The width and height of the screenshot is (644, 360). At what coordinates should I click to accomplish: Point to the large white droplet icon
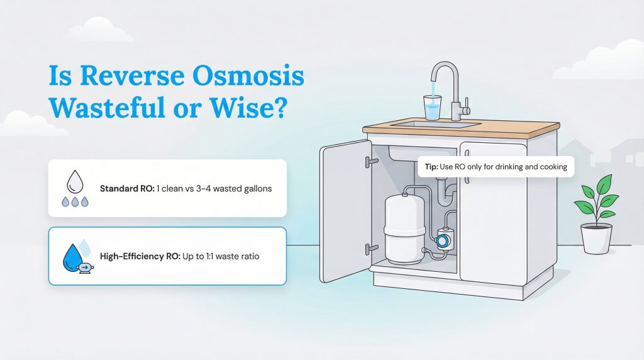point(75,181)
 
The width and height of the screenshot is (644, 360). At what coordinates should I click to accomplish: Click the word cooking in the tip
point(553,167)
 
